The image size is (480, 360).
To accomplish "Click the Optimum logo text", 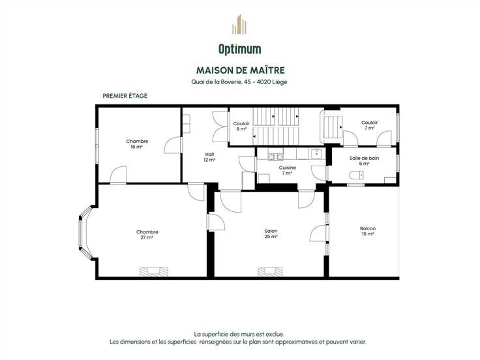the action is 240,50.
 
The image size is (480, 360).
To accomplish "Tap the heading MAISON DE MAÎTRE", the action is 240,70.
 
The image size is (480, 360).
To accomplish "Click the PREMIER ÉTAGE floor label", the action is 125,96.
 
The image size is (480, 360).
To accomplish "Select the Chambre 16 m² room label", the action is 137,144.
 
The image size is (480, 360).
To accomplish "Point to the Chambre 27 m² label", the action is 147,235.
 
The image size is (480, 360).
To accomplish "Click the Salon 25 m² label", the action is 271,234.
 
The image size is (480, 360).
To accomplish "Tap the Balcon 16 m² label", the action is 368,231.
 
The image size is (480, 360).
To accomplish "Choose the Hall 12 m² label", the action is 209,157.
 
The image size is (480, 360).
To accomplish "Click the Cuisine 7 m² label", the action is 287,170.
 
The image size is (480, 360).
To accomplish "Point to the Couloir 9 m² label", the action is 241,126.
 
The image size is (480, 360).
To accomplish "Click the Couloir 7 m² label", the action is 370,125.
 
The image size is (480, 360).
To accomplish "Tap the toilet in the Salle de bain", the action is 356,175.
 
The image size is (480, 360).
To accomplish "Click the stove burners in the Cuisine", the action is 275,157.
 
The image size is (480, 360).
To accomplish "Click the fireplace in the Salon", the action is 270,271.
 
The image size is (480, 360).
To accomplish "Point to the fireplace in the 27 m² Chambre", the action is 154,271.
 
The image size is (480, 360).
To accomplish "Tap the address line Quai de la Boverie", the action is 239,82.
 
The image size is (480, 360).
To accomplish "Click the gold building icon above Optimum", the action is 239,25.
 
